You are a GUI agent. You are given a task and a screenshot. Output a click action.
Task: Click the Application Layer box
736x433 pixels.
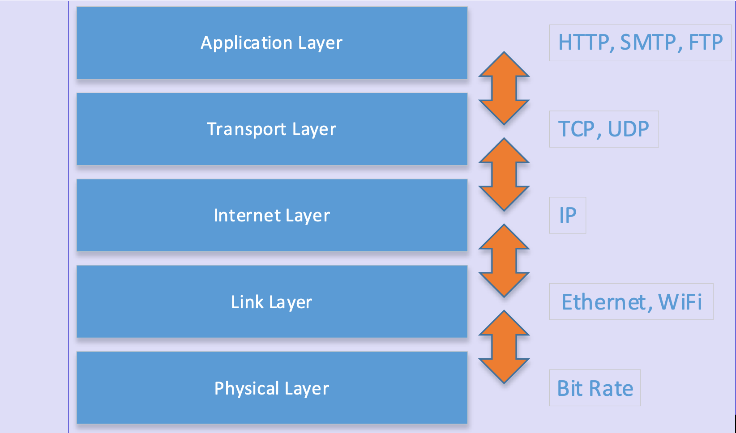[272, 43]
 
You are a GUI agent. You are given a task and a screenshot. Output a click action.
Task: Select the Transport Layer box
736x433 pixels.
[272, 129]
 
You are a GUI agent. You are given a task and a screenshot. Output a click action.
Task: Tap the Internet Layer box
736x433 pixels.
[272, 216]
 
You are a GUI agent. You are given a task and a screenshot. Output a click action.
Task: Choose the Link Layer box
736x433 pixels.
[272, 302]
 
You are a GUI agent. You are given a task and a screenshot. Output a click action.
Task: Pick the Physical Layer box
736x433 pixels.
[272, 388]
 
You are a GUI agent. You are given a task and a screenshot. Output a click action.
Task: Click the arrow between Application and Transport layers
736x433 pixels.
[504, 88]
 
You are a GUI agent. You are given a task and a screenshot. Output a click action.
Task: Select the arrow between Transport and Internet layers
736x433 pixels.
[504, 174]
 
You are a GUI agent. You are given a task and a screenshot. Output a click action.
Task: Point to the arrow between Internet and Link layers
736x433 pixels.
[504, 260]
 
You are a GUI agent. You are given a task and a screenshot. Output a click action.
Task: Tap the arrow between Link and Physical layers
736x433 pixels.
[504, 347]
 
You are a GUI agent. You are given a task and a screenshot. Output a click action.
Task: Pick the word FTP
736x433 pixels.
[706, 43]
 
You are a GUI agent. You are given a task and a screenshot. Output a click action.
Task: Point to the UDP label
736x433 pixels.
[629, 129]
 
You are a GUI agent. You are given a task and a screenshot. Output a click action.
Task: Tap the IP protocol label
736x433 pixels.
[568, 216]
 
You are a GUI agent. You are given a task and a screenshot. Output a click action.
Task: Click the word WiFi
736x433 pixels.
[680, 302]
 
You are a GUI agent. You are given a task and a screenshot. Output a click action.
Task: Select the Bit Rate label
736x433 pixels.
[595, 388]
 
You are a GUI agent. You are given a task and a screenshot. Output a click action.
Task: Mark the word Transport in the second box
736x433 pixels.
[246, 129]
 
